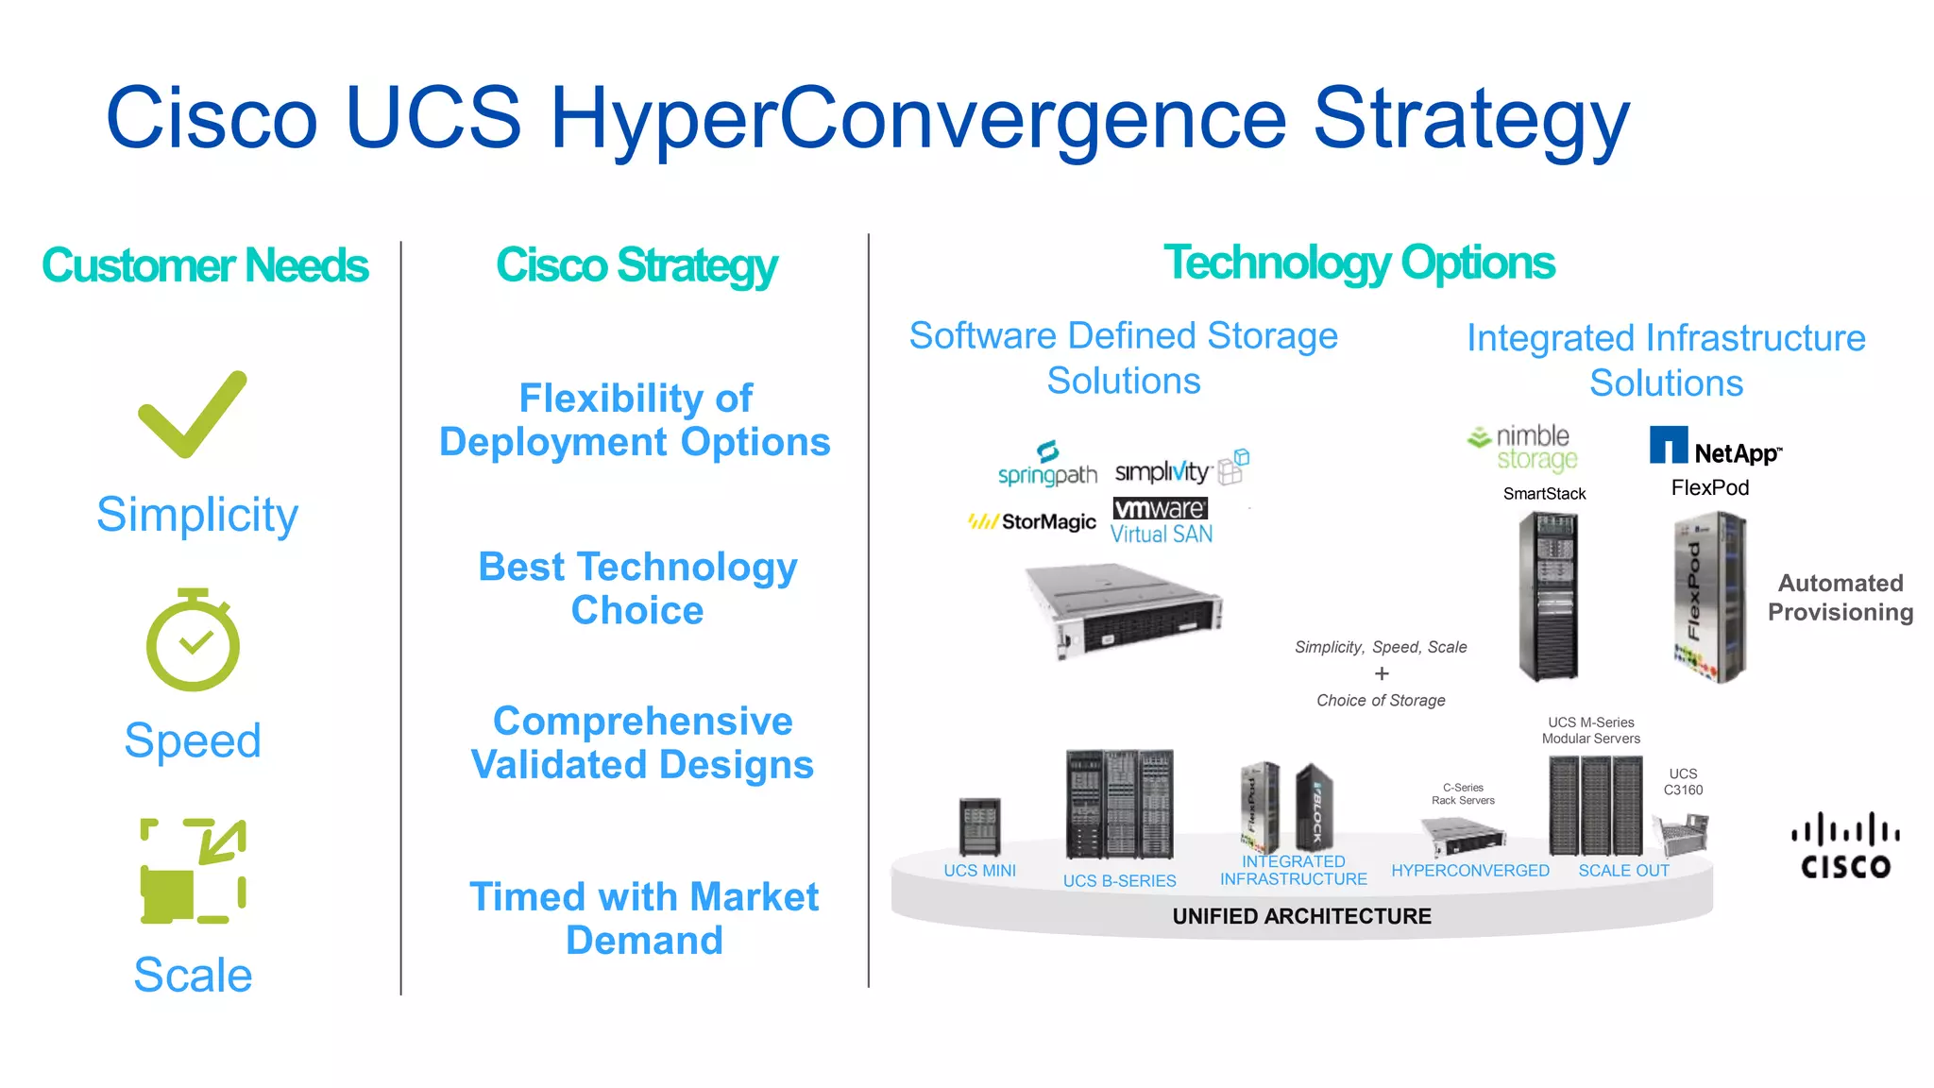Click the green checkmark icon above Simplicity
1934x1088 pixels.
coord(193,415)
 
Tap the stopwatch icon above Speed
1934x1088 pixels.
coord(193,641)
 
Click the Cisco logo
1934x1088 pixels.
coord(1845,846)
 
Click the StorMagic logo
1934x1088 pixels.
coord(1032,521)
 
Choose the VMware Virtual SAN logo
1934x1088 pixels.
coord(1161,520)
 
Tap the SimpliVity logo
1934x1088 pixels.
coord(1180,469)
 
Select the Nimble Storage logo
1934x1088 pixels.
coord(1523,448)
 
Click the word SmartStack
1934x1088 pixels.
coord(1544,494)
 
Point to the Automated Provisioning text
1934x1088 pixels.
coord(1840,598)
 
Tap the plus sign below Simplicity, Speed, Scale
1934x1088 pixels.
coord(1382,673)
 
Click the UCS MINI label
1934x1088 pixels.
coord(979,871)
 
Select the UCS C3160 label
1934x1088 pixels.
coord(1683,782)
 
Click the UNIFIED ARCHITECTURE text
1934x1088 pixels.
coord(1301,916)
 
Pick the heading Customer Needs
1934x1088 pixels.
coord(205,265)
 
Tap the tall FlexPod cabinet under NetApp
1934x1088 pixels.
coord(1710,598)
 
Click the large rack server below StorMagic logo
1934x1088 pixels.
coord(1124,609)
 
